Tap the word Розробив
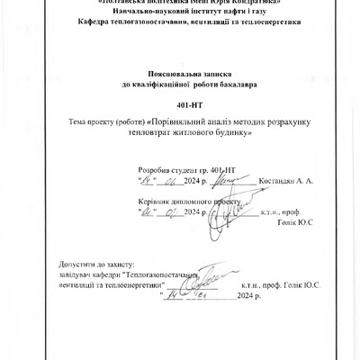(152, 168)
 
